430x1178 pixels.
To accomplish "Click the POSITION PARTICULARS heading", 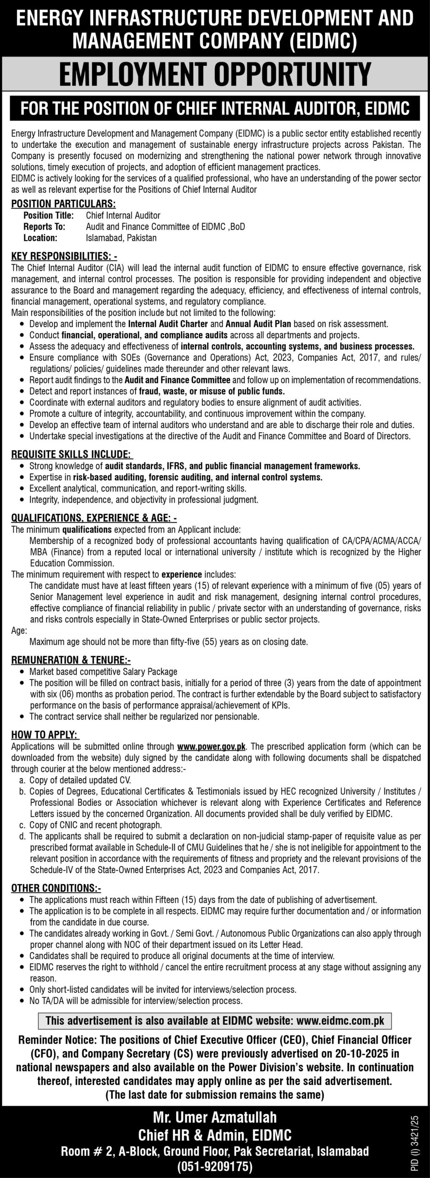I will pyautogui.click(x=63, y=204).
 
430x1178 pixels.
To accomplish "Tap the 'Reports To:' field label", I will pyautogui.click(x=44, y=227).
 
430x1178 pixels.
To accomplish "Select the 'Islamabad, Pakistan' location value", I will pyautogui.click(x=121, y=238).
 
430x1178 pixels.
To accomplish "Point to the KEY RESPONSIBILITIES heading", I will pyautogui.click(x=64, y=255).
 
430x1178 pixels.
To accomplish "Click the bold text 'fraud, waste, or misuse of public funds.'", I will pyautogui.click(x=212, y=391).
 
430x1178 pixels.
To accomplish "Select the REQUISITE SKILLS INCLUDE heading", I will pyautogui.click(x=72, y=454).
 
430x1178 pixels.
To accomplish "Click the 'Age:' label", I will pyautogui.click(x=19, y=630).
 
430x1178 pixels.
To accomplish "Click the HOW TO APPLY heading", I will pyautogui.click(x=44, y=735).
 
